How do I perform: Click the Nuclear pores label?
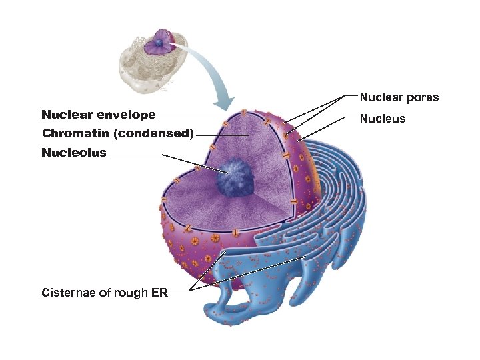(x=399, y=97)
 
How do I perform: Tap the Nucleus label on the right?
(x=383, y=119)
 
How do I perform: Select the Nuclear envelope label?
(x=98, y=115)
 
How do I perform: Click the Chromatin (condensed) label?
(x=117, y=133)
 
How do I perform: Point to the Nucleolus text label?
(x=73, y=153)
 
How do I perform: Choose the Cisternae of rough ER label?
(x=104, y=292)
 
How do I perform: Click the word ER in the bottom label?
(x=159, y=292)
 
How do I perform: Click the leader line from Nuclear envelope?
(x=193, y=116)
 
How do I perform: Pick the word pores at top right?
(x=423, y=97)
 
